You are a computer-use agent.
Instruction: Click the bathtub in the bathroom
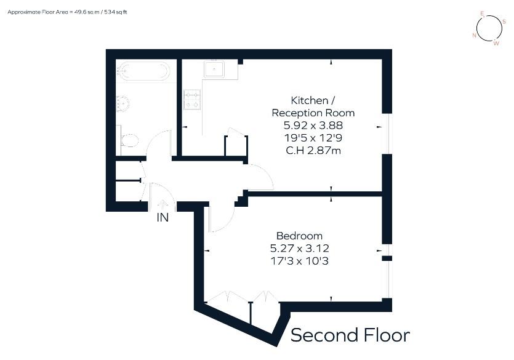(x=143, y=71)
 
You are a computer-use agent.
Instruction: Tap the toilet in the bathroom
(x=129, y=140)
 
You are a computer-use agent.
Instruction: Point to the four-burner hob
(x=191, y=100)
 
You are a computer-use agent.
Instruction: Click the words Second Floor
(x=350, y=335)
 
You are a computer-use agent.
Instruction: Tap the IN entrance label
(x=163, y=217)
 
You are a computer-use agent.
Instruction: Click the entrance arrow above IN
(x=163, y=205)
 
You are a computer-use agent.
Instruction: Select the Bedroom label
(x=299, y=236)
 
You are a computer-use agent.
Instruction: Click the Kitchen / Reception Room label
(x=313, y=106)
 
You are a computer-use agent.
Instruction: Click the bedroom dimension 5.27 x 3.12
(x=299, y=249)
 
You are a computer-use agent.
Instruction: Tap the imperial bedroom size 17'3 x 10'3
(x=299, y=262)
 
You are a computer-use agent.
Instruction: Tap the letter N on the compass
(x=474, y=36)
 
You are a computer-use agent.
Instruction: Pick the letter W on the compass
(x=497, y=42)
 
